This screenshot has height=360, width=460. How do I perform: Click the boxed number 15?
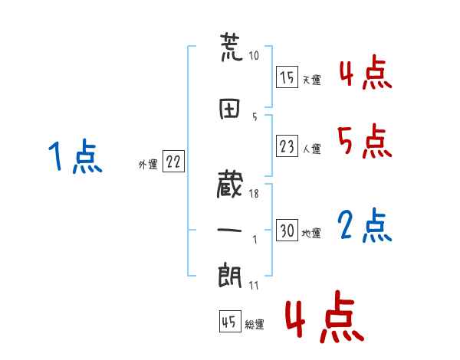click(x=287, y=77)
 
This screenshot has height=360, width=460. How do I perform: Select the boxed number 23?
click(x=287, y=146)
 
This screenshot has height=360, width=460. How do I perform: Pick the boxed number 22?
click(x=173, y=162)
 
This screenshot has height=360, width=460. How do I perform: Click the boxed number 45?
click(x=229, y=322)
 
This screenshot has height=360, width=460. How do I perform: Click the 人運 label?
click(x=311, y=149)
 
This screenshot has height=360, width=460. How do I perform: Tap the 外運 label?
click(x=147, y=164)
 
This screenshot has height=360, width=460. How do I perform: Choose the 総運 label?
click(x=254, y=325)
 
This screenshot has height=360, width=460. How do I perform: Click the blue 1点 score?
click(x=74, y=157)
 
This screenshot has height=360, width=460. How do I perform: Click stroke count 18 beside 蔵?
click(x=254, y=194)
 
